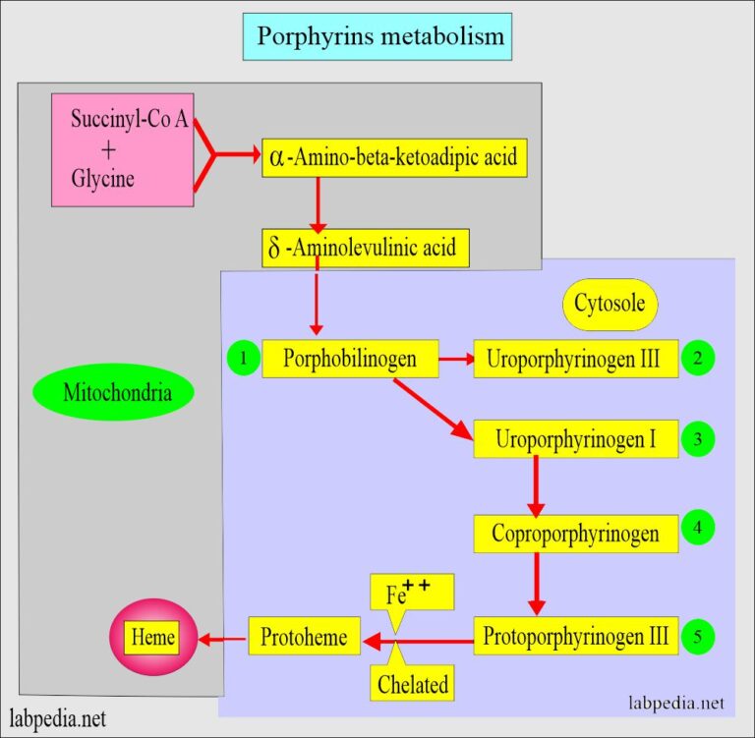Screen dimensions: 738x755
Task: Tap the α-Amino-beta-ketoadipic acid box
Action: [394, 157]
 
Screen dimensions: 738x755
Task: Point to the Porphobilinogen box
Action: [349, 360]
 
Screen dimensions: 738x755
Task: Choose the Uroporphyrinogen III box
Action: [576, 360]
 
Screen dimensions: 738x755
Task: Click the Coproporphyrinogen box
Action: [576, 533]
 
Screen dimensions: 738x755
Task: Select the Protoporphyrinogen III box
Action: [576, 637]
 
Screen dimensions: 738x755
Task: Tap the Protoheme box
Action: [304, 638]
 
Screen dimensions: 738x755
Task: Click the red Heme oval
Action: [153, 638]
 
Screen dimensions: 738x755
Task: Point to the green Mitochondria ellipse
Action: [114, 394]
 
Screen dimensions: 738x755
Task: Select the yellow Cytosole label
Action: [610, 303]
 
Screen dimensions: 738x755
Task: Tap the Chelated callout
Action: [410, 680]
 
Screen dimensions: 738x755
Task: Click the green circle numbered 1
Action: [243, 359]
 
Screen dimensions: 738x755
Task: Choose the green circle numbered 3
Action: [697, 439]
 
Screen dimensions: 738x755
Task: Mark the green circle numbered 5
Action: [697, 637]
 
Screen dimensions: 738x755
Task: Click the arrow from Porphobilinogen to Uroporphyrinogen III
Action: [454, 360]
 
